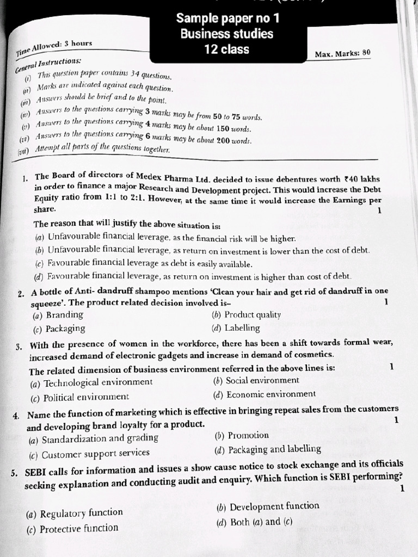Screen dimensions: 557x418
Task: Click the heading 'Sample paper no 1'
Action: click(228, 19)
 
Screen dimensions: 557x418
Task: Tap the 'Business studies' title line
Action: click(227, 34)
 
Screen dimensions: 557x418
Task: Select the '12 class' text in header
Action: click(227, 49)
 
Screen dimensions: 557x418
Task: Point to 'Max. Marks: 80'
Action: click(342, 54)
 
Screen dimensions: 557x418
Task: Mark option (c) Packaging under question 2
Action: click(59, 329)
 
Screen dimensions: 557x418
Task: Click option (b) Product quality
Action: click(246, 314)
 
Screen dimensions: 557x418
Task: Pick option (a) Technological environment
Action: click(92, 382)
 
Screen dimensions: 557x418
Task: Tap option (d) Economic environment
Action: click(265, 394)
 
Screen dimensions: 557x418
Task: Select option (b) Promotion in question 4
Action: click(242, 435)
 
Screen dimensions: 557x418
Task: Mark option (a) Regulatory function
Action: click(75, 513)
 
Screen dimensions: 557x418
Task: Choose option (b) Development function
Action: click(268, 506)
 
